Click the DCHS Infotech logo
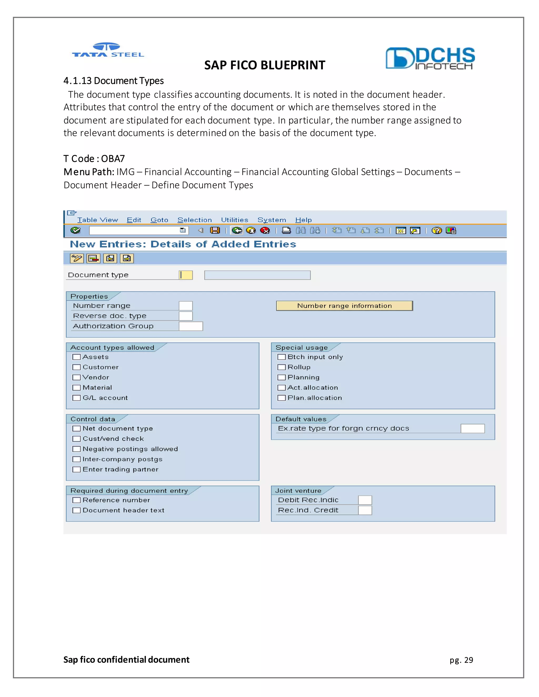click(x=430, y=58)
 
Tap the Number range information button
click(x=344, y=306)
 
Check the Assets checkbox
click(x=76, y=357)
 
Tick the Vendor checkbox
click(x=76, y=377)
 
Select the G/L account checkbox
click(x=76, y=398)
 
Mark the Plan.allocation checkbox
click(x=281, y=398)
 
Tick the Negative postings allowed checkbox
click(x=76, y=449)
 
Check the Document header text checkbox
click(x=76, y=510)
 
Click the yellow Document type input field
click(x=186, y=275)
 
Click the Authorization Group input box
click(x=191, y=326)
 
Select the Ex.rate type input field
click(x=473, y=429)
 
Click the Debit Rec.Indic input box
click(x=365, y=500)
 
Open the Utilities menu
click(x=234, y=220)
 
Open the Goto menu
click(x=159, y=220)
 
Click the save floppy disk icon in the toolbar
click(x=215, y=230)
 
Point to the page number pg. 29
click(x=461, y=660)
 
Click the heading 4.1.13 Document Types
click(x=113, y=81)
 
